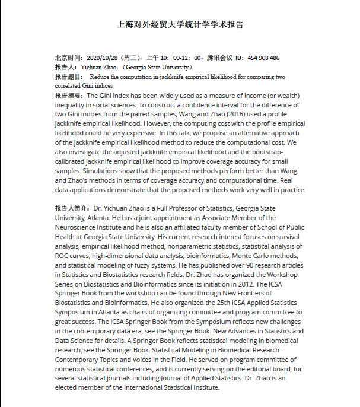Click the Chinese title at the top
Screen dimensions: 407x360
click(180, 25)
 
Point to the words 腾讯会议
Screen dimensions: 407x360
click(219, 58)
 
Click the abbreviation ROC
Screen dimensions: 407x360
click(63, 256)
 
